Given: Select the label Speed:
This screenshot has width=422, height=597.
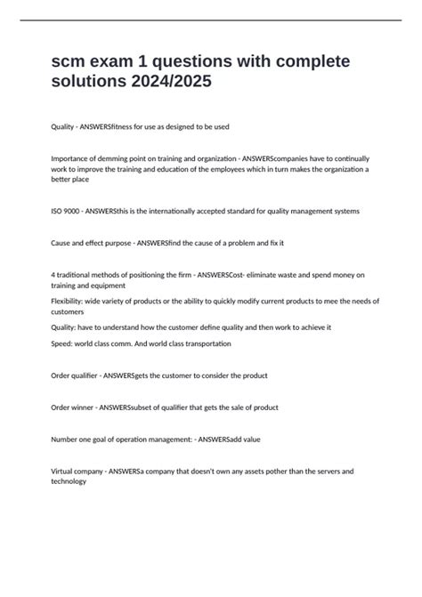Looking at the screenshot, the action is coord(64,343).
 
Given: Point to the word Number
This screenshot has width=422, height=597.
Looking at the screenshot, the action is coord(66,439).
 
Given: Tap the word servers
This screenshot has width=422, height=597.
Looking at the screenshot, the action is coord(312,471).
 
